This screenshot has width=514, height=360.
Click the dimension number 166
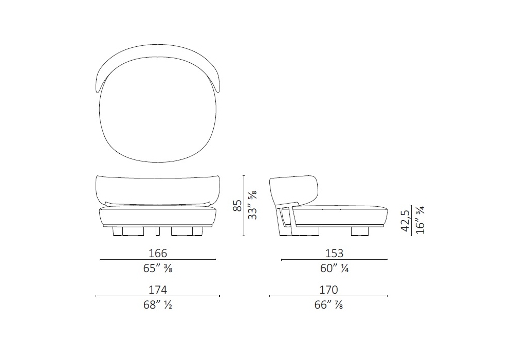point(158,253)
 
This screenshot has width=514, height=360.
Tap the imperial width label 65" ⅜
point(158,268)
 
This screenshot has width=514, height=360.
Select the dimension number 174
point(158,290)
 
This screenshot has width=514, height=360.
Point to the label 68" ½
point(158,305)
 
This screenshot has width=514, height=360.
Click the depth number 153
point(335,253)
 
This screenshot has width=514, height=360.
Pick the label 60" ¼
point(335,268)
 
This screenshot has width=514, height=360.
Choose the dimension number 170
point(328,290)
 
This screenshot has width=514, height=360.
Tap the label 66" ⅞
point(328,305)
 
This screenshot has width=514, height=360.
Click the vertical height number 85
point(237,206)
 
